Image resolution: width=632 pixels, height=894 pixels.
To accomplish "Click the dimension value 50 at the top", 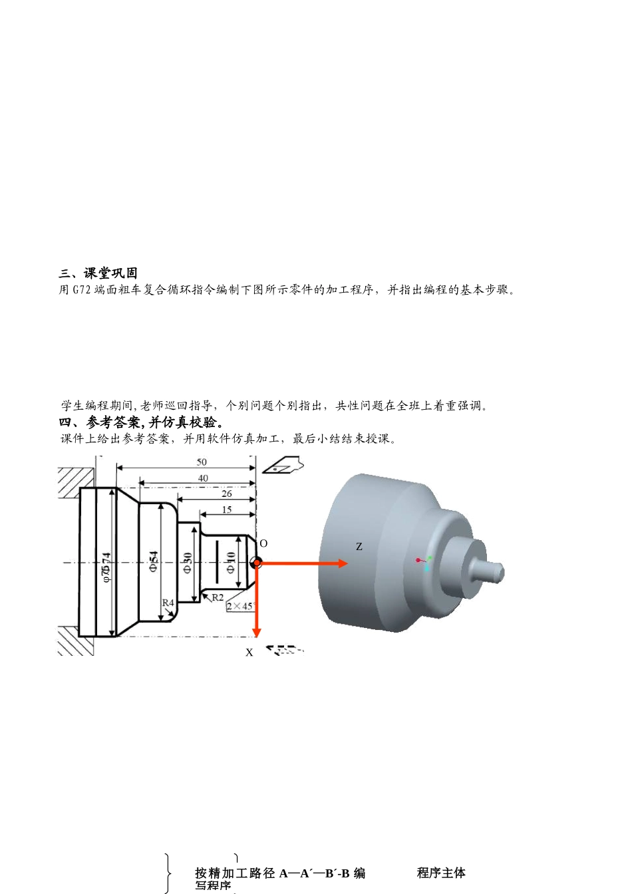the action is pyautogui.click(x=202, y=462).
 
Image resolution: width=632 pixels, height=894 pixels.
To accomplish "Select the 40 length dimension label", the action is pyautogui.click(x=203, y=478).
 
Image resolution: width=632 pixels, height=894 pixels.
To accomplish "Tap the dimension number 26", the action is pyautogui.click(x=227, y=494).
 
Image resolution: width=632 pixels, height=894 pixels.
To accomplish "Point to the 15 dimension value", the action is pyautogui.click(x=227, y=510).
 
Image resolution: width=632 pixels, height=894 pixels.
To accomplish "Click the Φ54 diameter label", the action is pyautogui.click(x=154, y=562).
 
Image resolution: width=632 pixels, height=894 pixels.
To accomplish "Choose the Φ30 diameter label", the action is pyautogui.click(x=188, y=562).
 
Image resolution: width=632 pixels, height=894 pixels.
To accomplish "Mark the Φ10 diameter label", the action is pyautogui.click(x=230, y=562).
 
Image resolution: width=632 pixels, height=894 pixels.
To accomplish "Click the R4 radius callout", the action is pyautogui.click(x=168, y=603).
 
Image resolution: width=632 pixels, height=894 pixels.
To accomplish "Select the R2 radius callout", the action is pyautogui.click(x=218, y=597).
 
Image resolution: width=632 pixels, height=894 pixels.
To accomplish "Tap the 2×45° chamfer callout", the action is pyautogui.click(x=241, y=606).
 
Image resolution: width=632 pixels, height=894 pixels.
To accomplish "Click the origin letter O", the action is pyautogui.click(x=263, y=543).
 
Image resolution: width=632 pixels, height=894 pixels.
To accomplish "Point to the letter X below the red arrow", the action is pyautogui.click(x=249, y=653).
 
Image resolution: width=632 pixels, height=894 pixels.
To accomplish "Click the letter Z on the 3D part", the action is pyautogui.click(x=359, y=547).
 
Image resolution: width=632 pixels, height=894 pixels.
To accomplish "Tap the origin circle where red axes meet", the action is pyautogui.click(x=256, y=563).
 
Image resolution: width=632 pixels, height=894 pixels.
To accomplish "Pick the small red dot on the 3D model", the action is pyautogui.click(x=418, y=560).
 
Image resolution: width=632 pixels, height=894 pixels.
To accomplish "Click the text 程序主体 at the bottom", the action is pyautogui.click(x=441, y=873).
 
